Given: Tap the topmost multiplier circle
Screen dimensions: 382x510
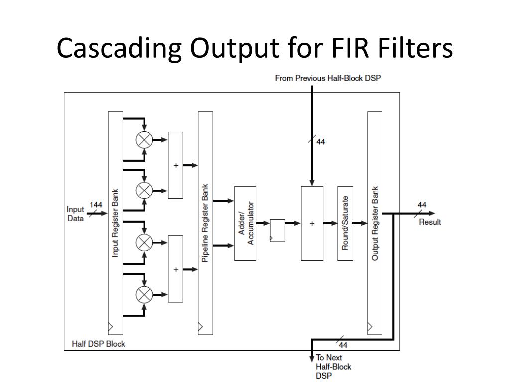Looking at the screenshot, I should pyautogui.click(x=144, y=140).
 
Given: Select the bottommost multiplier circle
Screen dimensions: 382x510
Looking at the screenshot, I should pyautogui.click(x=144, y=295).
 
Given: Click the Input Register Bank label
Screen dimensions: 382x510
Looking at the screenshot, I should pyautogui.click(x=115, y=222).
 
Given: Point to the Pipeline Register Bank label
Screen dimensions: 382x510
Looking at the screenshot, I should pyautogui.click(x=205, y=223).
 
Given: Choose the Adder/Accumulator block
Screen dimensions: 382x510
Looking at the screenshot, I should pyautogui.click(x=245, y=223).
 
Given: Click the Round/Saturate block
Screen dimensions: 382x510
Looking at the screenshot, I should pyautogui.click(x=345, y=223).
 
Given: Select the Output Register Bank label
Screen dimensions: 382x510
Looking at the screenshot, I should pyautogui.click(x=375, y=223).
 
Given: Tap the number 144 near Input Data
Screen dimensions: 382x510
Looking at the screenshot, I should pyautogui.click(x=96, y=205).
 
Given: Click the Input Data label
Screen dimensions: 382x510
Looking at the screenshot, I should pyautogui.click(x=75, y=213).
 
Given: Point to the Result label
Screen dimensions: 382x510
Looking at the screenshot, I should pyautogui.click(x=429, y=222).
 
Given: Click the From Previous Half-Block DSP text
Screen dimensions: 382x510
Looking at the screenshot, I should pyautogui.click(x=328, y=78).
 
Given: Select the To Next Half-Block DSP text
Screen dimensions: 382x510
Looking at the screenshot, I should pyautogui.click(x=333, y=367).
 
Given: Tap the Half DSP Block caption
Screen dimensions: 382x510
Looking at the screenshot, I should pyautogui.click(x=99, y=344).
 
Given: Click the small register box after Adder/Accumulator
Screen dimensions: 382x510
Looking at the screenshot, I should pyautogui.click(x=277, y=230).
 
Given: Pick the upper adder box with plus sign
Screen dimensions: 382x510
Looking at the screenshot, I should pyautogui.click(x=175, y=165).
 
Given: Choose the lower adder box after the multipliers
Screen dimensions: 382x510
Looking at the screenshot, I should pyautogui.click(x=175, y=269).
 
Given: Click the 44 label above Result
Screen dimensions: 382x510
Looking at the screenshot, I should pyautogui.click(x=422, y=205).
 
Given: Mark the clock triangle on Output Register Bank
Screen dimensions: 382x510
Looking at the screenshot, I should pyautogui.click(x=370, y=327).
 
